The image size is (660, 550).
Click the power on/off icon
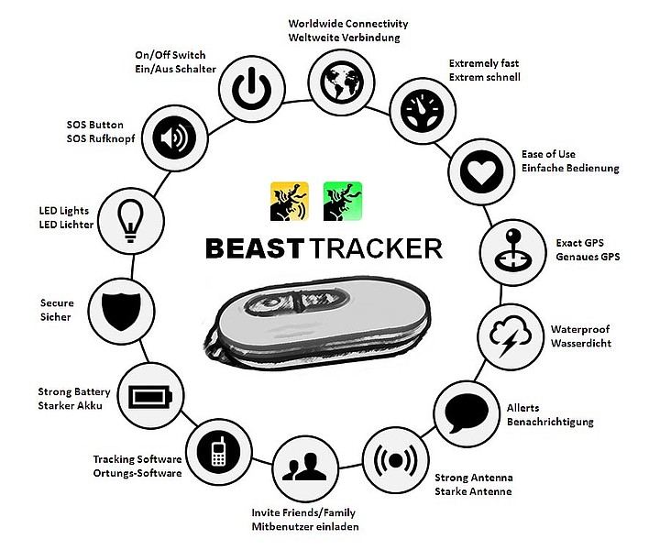pos(252,89)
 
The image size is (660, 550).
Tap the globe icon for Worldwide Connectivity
pos(341,82)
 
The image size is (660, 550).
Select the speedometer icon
pos(423,110)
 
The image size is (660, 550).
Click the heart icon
pos(481,171)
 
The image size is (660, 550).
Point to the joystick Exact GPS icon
pos(513,252)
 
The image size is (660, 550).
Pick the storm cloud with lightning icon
pos(511,336)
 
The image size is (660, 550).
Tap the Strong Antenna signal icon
pos(396,460)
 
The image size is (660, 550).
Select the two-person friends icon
pos(305,468)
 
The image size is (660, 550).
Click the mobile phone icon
pos(219,452)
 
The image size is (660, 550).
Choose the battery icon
pos(150,396)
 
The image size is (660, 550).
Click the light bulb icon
pos(131,221)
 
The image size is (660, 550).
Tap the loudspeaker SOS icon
pos(175,137)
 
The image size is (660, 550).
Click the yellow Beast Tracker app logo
pos(290,201)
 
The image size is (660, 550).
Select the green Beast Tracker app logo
pos(343,201)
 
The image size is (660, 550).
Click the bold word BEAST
pos(255,248)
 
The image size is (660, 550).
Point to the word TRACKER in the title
pos(377,248)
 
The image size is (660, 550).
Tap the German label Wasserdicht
pos(581,343)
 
